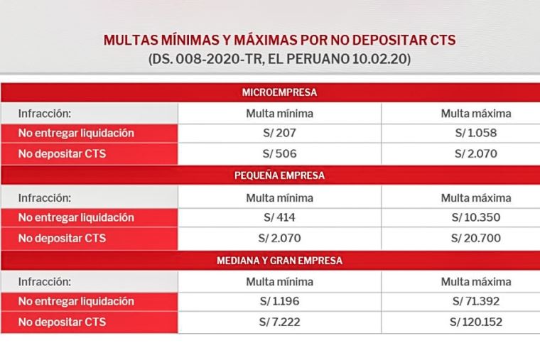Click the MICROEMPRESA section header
click(279, 92)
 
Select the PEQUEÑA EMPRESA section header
click(279, 176)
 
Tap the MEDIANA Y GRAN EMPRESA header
click(279, 261)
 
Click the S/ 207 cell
click(279, 133)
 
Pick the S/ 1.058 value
click(475, 133)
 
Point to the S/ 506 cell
click(279, 153)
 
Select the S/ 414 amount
click(279, 217)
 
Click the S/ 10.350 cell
click(475, 217)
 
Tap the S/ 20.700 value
click(475, 238)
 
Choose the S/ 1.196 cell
click(279, 301)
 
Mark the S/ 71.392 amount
click(475, 301)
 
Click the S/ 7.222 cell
click(279, 322)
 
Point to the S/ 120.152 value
click(475, 322)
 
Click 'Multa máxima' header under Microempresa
click(475, 113)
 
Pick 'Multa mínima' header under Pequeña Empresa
click(279, 197)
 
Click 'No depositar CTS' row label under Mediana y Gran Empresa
click(62, 322)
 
